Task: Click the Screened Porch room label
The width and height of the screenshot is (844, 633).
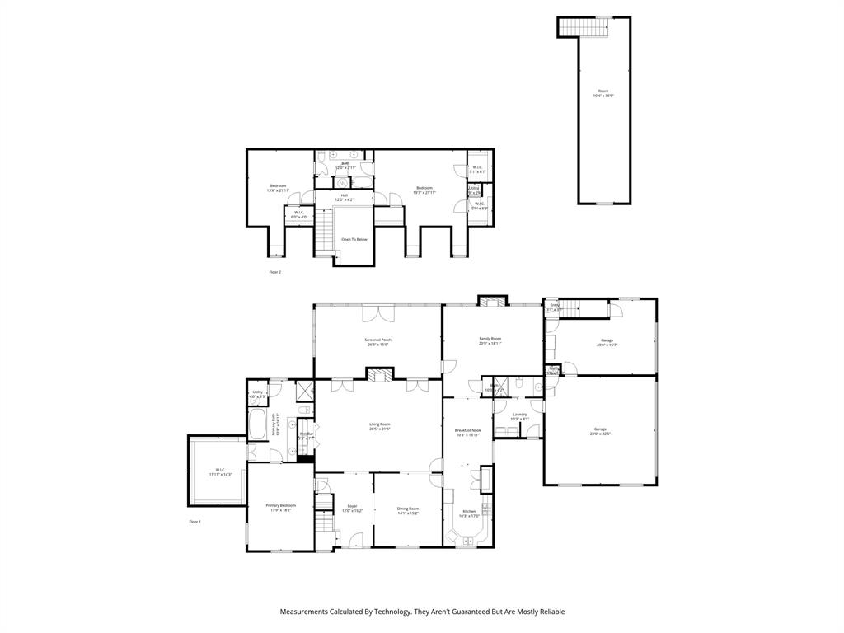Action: [377, 341]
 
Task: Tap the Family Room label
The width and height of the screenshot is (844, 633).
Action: [490, 340]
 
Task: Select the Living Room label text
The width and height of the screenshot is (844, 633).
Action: [379, 426]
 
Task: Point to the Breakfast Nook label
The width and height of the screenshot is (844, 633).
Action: [467, 432]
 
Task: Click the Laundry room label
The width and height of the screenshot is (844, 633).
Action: [519, 416]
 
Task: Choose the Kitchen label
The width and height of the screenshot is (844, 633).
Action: [469, 513]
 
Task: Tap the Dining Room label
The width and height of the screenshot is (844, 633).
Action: [408, 510]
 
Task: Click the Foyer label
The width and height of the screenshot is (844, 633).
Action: [352, 507]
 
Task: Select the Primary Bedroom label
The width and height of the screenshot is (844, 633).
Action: [280, 507]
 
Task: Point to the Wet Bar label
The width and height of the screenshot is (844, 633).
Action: [306, 435]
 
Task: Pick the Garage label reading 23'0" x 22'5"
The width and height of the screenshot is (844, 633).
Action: [600, 430]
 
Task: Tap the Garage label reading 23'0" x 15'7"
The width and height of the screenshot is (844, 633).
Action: [607, 342]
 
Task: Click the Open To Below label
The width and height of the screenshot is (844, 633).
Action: [354, 240]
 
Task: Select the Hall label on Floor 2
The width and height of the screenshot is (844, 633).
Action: [344, 198]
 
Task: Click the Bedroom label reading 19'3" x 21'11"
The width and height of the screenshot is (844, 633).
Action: [424, 190]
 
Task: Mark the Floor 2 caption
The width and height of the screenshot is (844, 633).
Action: [274, 271]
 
